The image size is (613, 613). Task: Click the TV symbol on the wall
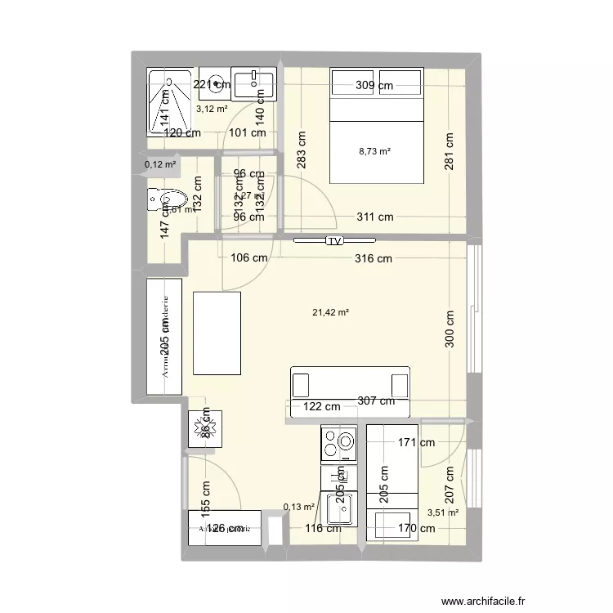[x=334, y=241]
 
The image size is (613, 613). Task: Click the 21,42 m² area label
[x=331, y=311]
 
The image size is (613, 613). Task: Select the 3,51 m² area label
[x=442, y=512]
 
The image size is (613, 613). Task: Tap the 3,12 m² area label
[x=211, y=108]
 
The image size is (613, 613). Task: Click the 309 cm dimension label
[x=375, y=84]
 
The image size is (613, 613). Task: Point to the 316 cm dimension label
[x=372, y=259]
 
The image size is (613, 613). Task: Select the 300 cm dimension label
[x=449, y=329]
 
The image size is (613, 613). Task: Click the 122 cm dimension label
[x=321, y=406]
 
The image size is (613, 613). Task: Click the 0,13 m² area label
[x=299, y=507]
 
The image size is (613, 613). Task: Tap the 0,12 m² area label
[x=160, y=164]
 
